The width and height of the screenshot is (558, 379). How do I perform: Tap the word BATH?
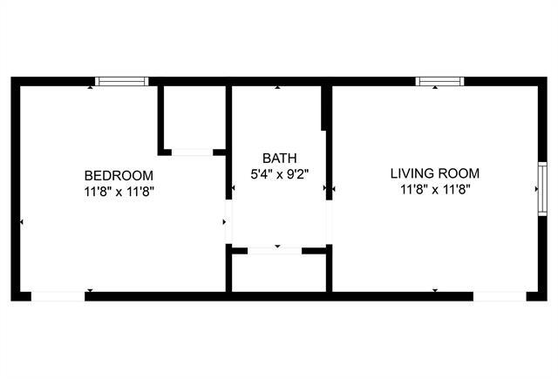tap(279, 158)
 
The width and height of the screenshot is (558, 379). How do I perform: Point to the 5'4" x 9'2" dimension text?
tap(279, 173)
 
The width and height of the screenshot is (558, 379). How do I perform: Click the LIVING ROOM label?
tap(434, 173)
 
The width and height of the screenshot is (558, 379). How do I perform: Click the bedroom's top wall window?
tap(121, 82)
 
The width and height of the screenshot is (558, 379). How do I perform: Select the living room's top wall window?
tap(439, 82)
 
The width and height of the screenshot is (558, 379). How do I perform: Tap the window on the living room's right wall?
tap(541, 187)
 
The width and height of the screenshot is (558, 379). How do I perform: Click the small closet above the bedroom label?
tap(193, 118)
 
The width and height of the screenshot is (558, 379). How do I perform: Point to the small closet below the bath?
tap(279, 272)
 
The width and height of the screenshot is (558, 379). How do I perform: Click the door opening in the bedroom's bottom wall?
tap(58, 296)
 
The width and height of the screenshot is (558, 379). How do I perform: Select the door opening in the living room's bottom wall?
tap(500, 296)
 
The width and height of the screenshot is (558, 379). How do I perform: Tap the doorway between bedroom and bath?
tap(229, 223)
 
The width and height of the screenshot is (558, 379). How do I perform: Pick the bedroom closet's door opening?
tap(192, 152)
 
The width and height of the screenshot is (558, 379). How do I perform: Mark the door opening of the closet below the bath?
tap(275, 251)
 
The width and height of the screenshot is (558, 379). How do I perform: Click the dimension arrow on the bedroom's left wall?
tap(22, 223)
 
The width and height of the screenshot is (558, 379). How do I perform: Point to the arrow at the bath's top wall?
tap(278, 88)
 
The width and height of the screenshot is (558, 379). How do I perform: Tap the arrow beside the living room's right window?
tap(534, 187)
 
